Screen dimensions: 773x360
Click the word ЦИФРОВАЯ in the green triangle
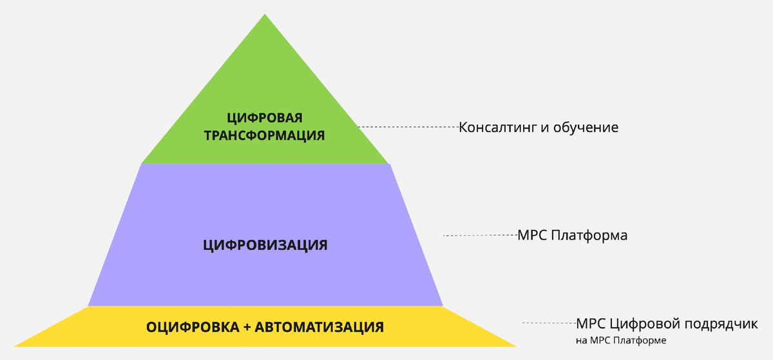click(x=265, y=118)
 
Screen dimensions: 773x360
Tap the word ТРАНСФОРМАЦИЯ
click(x=265, y=136)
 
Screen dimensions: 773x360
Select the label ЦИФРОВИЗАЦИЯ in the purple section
click(x=265, y=245)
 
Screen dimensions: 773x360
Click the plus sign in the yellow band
click(x=247, y=327)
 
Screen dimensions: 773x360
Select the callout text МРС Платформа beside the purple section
click(x=573, y=236)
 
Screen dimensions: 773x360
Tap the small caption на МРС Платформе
click(x=621, y=339)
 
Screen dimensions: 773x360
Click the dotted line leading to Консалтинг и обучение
click(x=408, y=127)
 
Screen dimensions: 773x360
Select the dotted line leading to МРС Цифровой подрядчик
click(x=549, y=323)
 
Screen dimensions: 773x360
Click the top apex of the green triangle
click(x=265, y=15)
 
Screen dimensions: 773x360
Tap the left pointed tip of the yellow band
click(x=15, y=346)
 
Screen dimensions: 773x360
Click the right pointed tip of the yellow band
click(x=515, y=346)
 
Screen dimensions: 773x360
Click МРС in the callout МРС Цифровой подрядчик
click(x=591, y=323)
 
